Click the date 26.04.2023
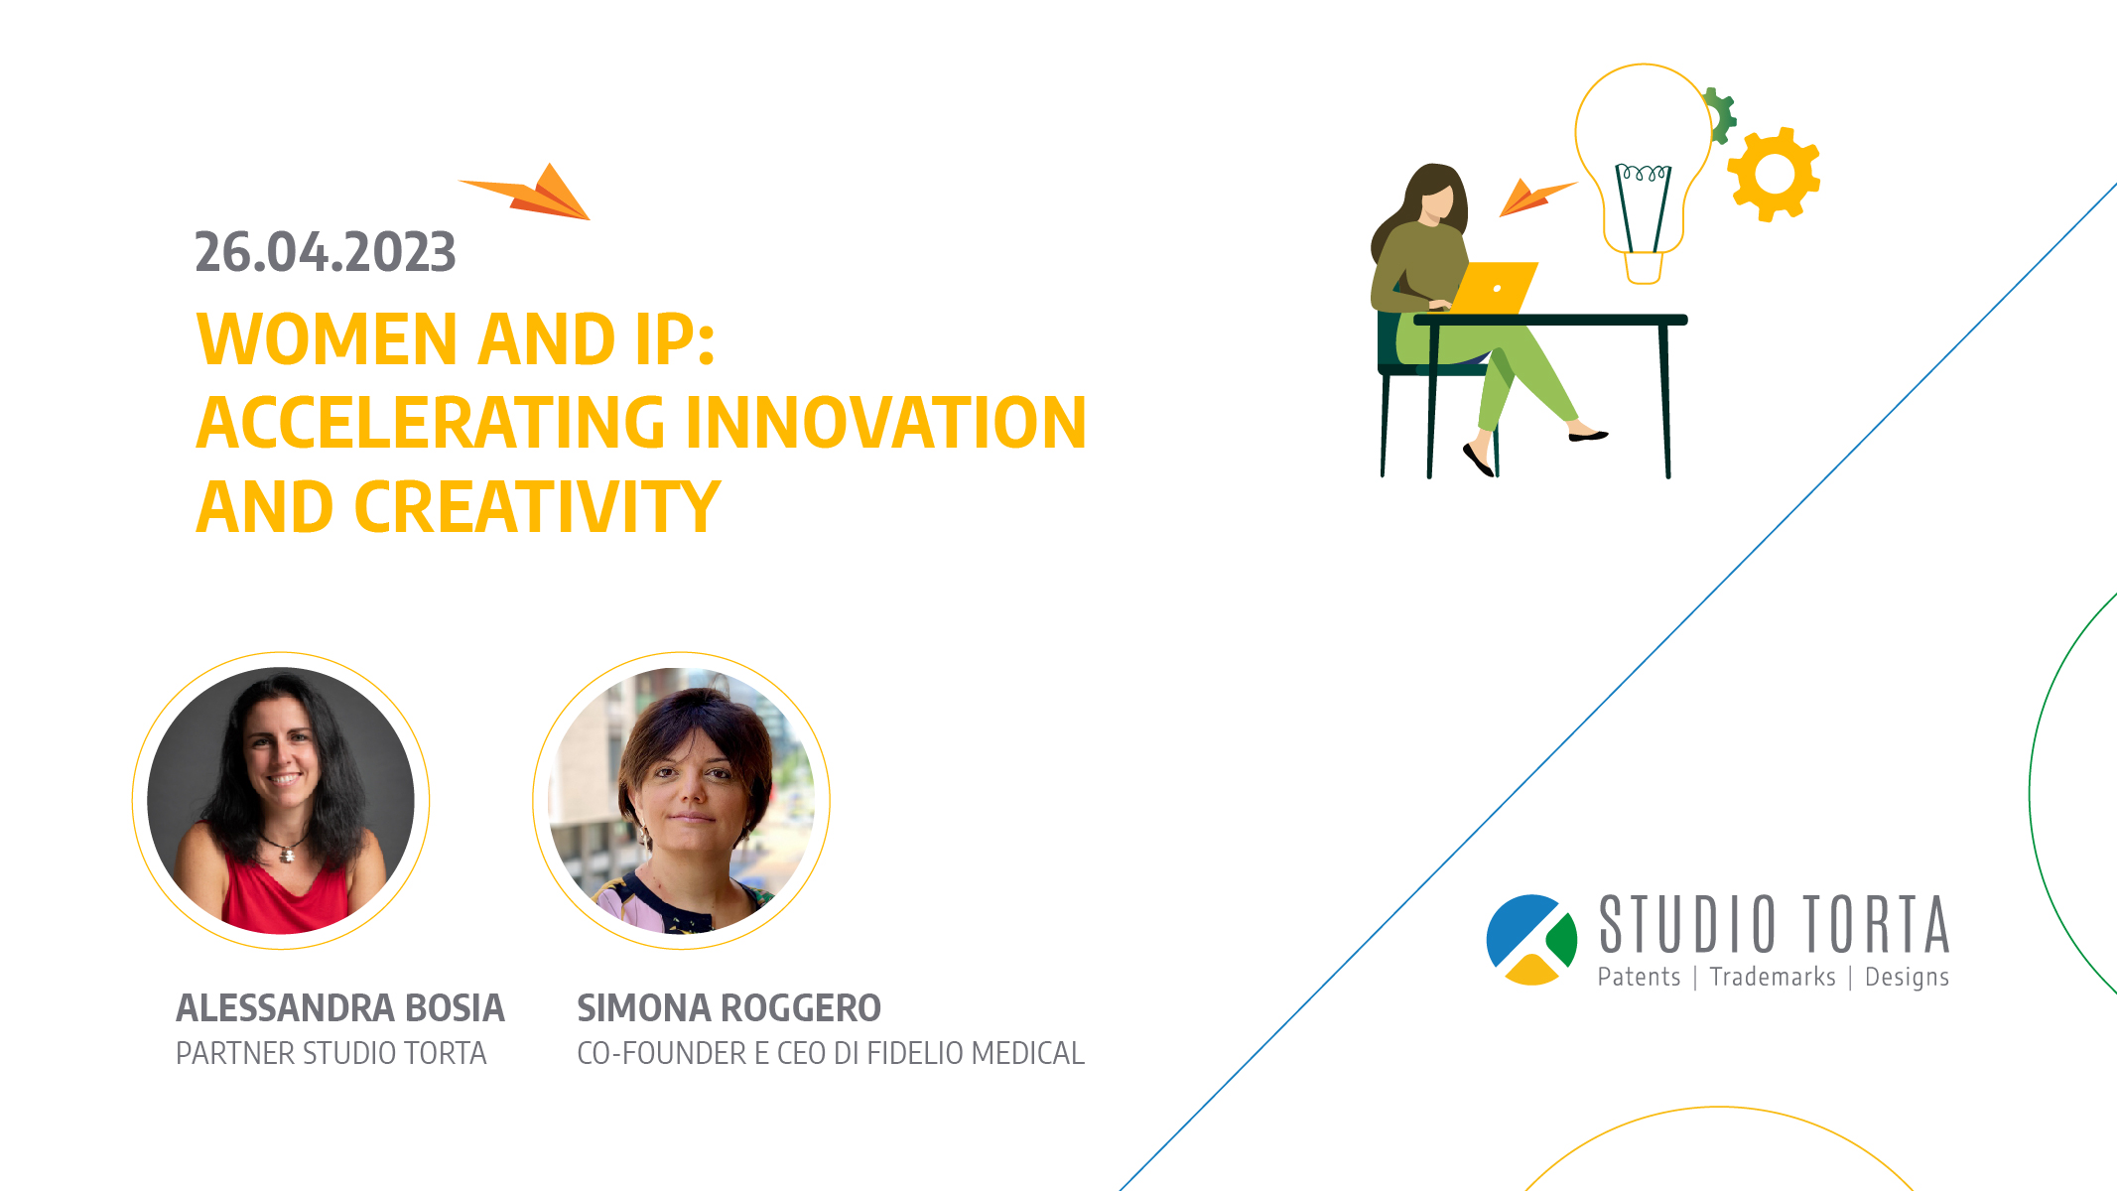(326, 252)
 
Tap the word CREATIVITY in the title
(537, 507)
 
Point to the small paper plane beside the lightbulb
(1533, 196)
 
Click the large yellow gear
(1774, 174)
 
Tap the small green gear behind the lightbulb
(1720, 115)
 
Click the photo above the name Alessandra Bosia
(281, 800)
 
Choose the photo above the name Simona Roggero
(681, 800)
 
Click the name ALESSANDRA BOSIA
(340, 1007)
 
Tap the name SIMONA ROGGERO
(728, 1007)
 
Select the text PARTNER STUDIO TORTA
(331, 1053)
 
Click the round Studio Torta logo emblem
(1531, 940)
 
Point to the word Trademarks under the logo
(1773, 977)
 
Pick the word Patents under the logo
(1639, 977)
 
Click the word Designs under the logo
(1907, 978)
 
